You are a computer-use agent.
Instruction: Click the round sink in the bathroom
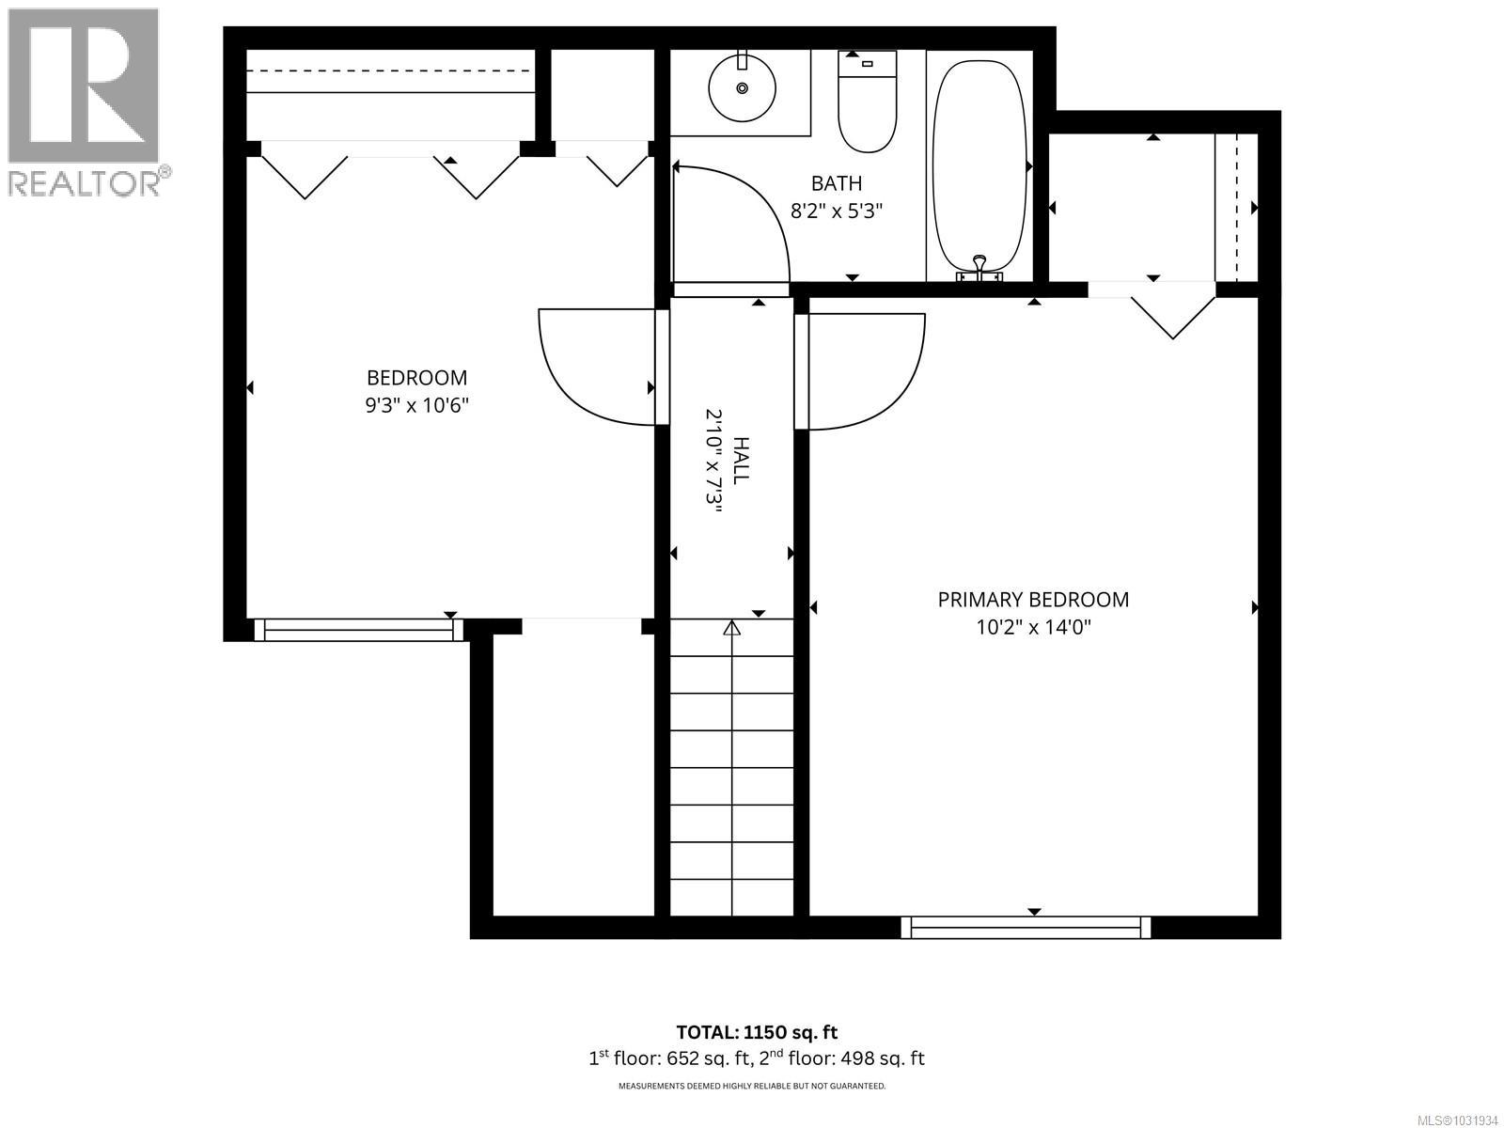click(742, 87)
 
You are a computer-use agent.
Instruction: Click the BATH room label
click(837, 183)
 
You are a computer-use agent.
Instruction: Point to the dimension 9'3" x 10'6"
click(416, 406)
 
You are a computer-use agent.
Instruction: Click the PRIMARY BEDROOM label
click(1033, 600)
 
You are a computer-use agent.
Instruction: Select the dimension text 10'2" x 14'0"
click(1033, 627)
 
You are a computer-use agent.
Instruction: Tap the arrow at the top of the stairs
click(731, 628)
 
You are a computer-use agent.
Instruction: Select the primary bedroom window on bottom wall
click(1026, 927)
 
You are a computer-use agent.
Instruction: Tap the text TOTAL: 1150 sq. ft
click(757, 1032)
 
